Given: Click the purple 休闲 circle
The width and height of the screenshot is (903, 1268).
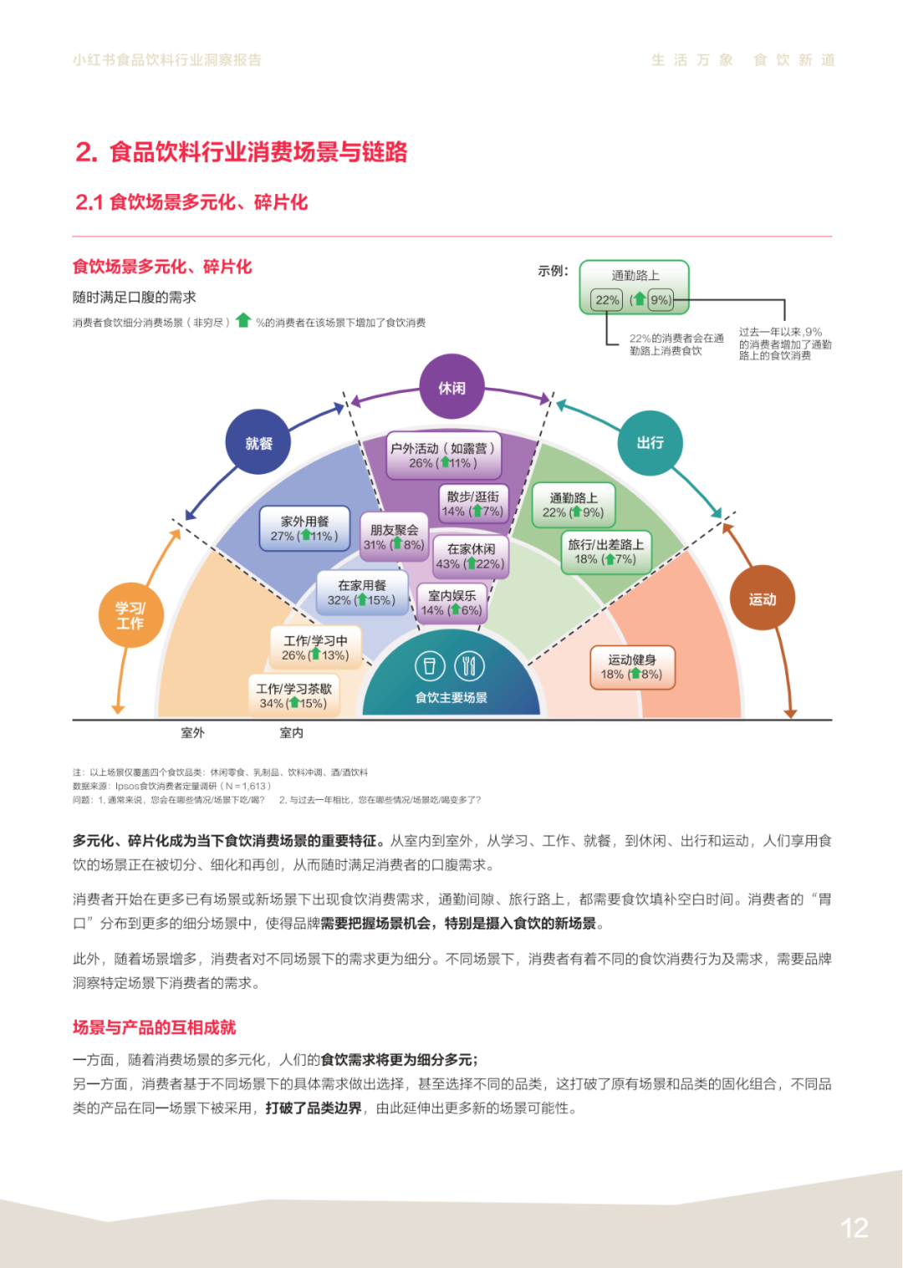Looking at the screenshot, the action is [451, 387].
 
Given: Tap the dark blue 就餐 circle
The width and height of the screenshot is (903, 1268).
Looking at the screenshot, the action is [258, 442].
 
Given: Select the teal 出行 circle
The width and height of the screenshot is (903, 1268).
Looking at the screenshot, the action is [650, 442].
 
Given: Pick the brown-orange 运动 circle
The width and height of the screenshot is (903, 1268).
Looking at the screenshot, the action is [762, 598].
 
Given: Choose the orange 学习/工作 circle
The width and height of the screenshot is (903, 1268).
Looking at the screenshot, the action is [130, 616].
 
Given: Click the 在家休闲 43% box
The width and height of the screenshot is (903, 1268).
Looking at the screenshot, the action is [471, 557].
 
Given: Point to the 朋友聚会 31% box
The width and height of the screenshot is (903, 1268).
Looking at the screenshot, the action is [394, 537].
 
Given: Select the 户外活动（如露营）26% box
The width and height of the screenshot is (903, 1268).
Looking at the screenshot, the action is [442, 456].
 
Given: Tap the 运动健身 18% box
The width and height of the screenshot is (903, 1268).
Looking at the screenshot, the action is [631, 667].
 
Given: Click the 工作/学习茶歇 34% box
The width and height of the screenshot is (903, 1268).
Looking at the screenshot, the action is [293, 695].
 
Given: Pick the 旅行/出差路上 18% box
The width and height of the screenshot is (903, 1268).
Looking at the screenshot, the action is [605, 552].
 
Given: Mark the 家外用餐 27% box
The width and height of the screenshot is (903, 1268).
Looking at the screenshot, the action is [304, 528].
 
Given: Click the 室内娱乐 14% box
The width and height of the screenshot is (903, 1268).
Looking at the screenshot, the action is [451, 603].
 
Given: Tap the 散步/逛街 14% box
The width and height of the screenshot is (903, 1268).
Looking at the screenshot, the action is [472, 504].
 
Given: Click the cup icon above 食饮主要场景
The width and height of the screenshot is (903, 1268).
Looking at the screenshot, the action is [430, 666].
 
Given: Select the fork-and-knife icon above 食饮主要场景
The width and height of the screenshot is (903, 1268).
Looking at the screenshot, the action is [469, 666].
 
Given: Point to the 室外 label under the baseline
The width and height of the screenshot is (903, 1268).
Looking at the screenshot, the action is [192, 733].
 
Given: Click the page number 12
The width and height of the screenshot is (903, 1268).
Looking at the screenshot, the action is [854, 1228].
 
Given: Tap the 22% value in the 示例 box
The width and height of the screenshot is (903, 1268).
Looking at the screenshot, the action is [607, 300].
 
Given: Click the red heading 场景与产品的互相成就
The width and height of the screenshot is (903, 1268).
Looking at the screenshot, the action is [155, 1027].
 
